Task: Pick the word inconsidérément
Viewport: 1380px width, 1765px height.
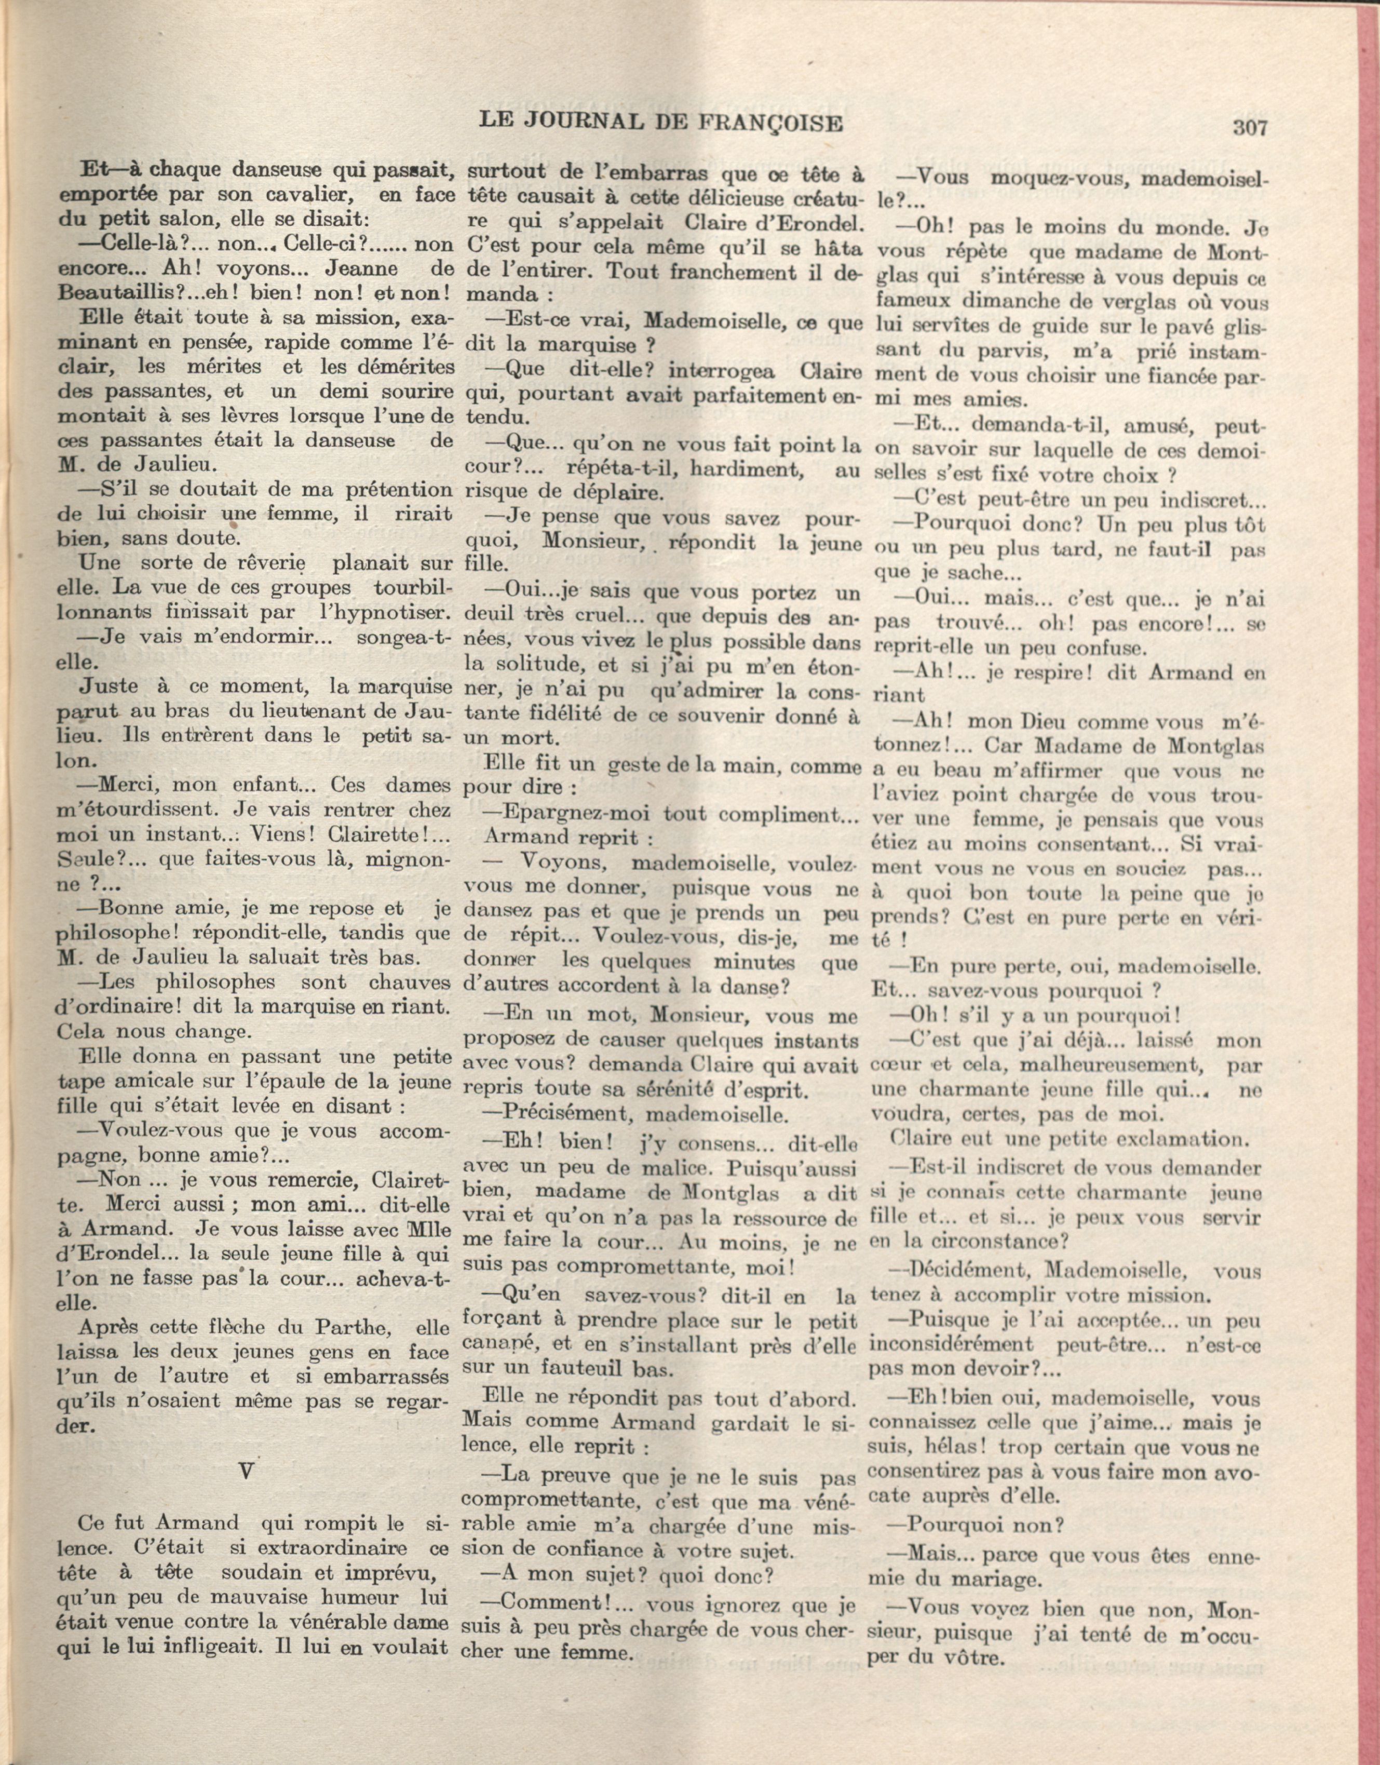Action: pos(950,1345)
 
